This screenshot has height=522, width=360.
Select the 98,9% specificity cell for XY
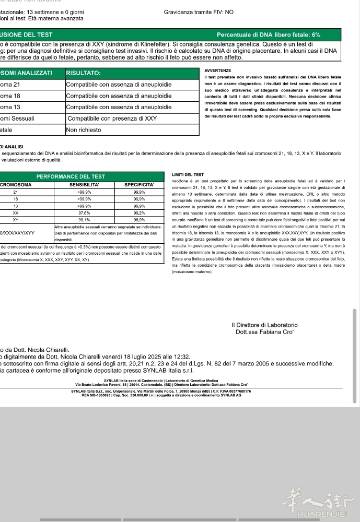[140, 220]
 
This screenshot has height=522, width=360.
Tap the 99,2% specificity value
[140, 213]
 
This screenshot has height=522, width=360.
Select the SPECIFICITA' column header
[140, 185]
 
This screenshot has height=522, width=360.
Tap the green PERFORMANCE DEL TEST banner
[71, 176]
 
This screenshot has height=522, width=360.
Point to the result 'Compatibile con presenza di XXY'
[112, 118]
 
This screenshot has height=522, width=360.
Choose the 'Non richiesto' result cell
[84, 130]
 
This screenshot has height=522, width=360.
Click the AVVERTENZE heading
[218, 70]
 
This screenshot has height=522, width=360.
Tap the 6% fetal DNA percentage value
[316, 34]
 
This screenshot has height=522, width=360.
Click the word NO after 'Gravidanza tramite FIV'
[229, 11]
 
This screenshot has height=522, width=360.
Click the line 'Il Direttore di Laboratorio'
[264, 325]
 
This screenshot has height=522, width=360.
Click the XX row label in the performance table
[16, 213]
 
